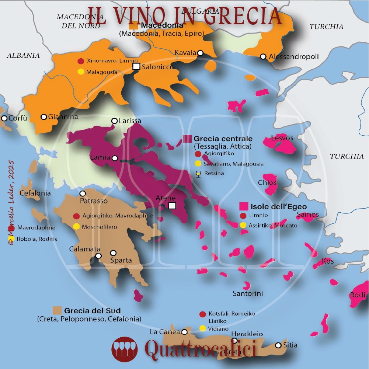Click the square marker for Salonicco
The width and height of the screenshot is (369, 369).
pos(136,66)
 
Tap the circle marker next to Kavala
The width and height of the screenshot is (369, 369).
pos(200,53)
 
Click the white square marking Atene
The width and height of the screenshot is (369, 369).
pos(172,206)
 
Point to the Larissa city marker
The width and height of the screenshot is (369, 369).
pos(114,121)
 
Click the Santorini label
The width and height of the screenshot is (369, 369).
pos(248,294)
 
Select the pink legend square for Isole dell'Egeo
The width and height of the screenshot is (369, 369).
pos(244,206)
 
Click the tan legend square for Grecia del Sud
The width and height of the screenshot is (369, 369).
pos(57,310)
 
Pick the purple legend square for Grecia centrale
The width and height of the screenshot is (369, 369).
pos(188,139)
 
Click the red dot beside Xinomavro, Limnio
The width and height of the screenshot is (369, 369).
pos(81,61)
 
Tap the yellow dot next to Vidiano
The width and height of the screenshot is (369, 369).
pos(202,328)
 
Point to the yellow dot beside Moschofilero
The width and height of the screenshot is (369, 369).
pos(76,226)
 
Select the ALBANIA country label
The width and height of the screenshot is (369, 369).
pos(23,56)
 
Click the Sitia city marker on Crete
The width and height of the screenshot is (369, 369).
pos(278,345)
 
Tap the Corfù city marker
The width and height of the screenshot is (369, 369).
pos(4,118)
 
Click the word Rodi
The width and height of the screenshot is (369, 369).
pos(358,295)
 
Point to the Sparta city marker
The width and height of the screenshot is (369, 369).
pos(113,253)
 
